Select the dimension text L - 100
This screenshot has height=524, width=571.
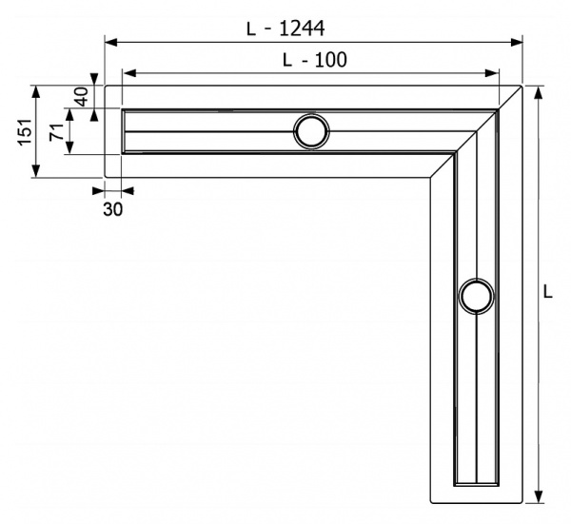point(314,59)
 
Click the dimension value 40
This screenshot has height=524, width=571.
point(81,97)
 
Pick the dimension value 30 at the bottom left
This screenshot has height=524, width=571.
point(112,210)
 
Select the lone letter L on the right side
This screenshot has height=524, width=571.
point(548,292)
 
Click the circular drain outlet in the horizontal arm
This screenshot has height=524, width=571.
point(310,131)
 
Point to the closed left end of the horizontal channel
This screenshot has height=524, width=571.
point(124,131)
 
